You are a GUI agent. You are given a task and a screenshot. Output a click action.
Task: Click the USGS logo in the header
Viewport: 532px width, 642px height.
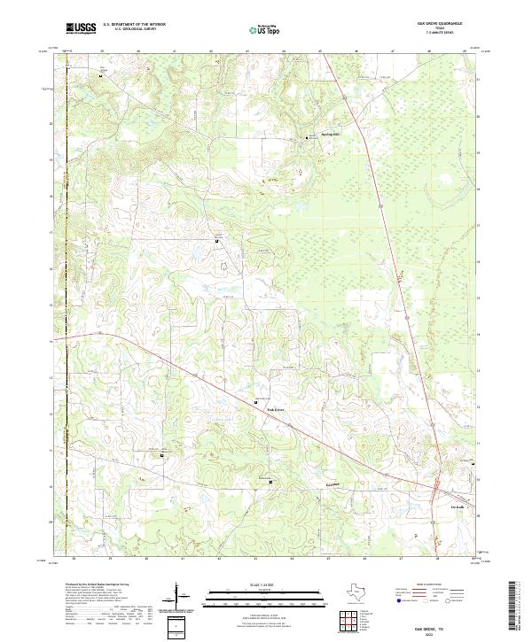click(81, 28)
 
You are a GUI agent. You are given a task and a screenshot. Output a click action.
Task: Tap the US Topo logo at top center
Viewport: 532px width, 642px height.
click(266, 29)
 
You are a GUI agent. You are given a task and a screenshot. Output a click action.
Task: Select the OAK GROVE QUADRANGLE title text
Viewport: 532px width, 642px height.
click(441, 24)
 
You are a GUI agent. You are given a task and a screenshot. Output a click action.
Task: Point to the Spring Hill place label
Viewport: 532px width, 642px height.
click(330, 135)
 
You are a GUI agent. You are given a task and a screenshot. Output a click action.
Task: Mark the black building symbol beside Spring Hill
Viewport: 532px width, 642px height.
click(309, 137)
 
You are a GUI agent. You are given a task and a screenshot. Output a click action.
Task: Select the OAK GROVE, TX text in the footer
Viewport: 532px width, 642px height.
click(441, 628)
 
